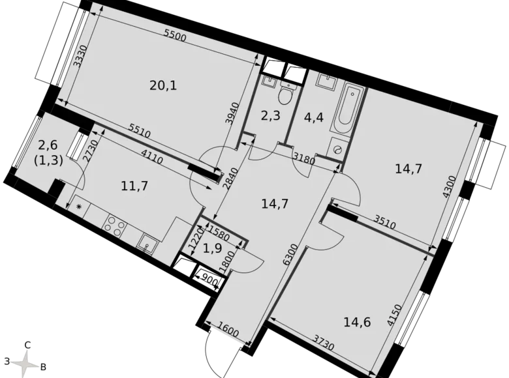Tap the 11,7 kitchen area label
[135, 186]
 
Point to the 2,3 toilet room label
[270, 117]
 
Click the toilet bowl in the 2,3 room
[284, 96]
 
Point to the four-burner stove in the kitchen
[116, 226]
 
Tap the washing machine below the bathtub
[337, 148]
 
